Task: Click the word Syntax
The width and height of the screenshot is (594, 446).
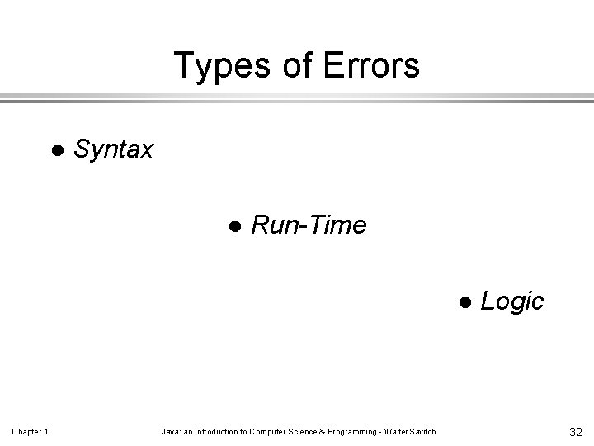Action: pyautogui.click(x=113, y=149)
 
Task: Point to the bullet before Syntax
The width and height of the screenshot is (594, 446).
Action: pyautogui.click(x=57, y=150)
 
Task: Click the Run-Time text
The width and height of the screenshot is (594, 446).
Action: pyautogui.click(x=309, y=225)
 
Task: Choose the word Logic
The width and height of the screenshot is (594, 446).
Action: pyautogui.click(x=511, y=301)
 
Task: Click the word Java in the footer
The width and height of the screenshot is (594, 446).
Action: pyautogui.click(x=169, y=431)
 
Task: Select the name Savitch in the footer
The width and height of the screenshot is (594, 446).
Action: pyautogui.click(x=422, y=431)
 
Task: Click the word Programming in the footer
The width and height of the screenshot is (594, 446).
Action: pyautogui.click(x=348, y=431)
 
